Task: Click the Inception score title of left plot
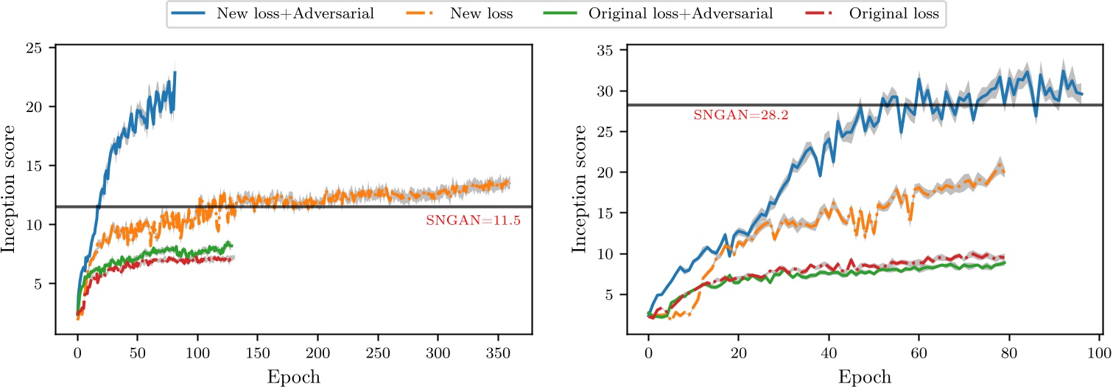click(10, 189)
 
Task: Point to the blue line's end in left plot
click(175, 72)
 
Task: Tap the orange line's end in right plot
click(1004, 171)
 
